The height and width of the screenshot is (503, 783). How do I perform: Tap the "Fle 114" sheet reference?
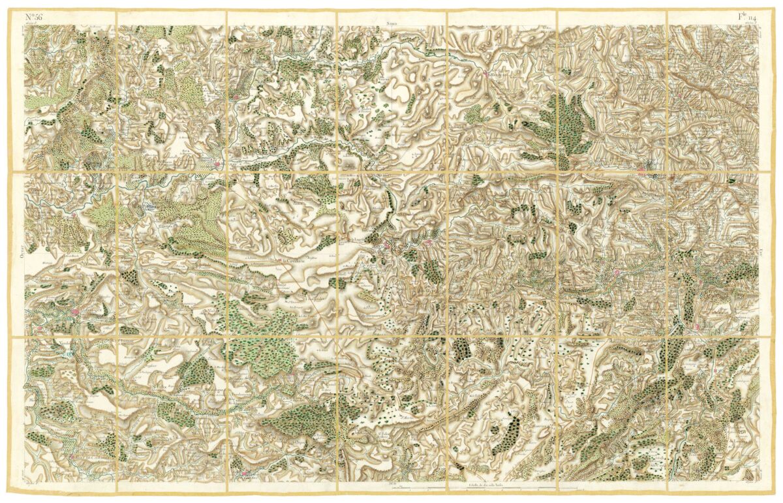(x=744, y=17)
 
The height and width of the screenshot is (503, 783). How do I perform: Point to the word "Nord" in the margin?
(x=391, y=23)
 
